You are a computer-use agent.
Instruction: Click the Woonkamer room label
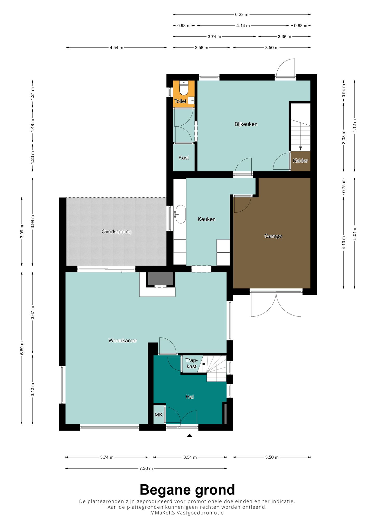coord(123,340)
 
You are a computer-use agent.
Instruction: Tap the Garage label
coord(273,236)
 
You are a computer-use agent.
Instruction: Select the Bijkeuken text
coord(246,124)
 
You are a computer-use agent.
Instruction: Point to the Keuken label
coord(206,219)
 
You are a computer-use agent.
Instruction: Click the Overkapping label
coord(116,232)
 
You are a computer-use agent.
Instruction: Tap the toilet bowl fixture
coord(184,88)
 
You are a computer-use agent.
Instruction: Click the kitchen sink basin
coord(181,214)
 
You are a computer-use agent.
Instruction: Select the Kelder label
coord(300,160)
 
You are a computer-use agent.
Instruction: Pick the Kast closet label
coord(184,158)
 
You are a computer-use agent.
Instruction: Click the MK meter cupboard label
coord(158,415)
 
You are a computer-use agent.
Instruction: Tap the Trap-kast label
coord(191,363)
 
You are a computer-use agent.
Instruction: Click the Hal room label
coord(190,397)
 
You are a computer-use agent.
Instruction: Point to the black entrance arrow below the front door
coord(190,436)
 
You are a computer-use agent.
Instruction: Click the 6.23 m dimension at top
coord(242,15)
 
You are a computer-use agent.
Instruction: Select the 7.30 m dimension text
coord(146,468)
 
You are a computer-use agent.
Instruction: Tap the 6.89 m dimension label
coord(22,348)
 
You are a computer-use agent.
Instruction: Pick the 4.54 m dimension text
coord(116,48)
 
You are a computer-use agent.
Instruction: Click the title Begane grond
coord(187,490)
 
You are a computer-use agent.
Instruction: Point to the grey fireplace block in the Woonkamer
coord(161,279)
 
